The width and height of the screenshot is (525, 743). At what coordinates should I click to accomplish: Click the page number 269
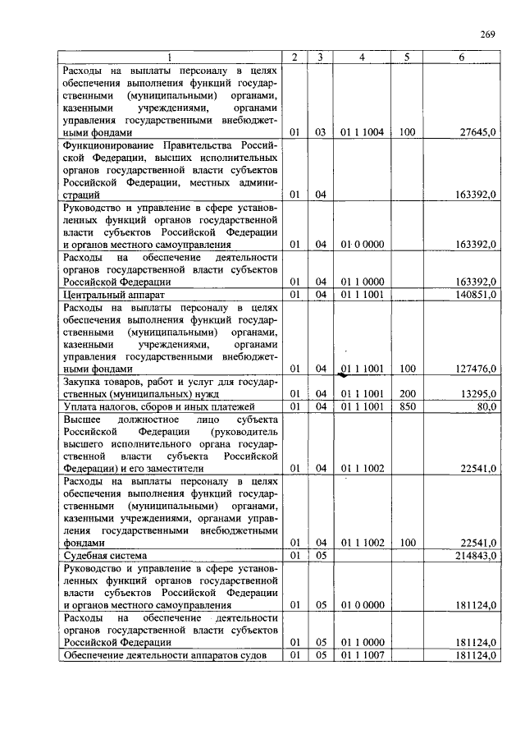click(x=486, y=34)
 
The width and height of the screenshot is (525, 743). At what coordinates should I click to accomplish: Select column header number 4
click(x=362, y=57)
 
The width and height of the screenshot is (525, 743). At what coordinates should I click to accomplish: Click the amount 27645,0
click(x=477, y=131)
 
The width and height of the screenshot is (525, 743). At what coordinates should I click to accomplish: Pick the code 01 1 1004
click(x=362, y=131)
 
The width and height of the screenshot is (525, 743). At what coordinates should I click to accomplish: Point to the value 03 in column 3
click(x=320, y=131)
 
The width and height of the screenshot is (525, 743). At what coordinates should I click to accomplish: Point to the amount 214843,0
click(x=475, y=556)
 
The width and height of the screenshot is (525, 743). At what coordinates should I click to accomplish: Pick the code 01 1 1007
click(x=362, y=656)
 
